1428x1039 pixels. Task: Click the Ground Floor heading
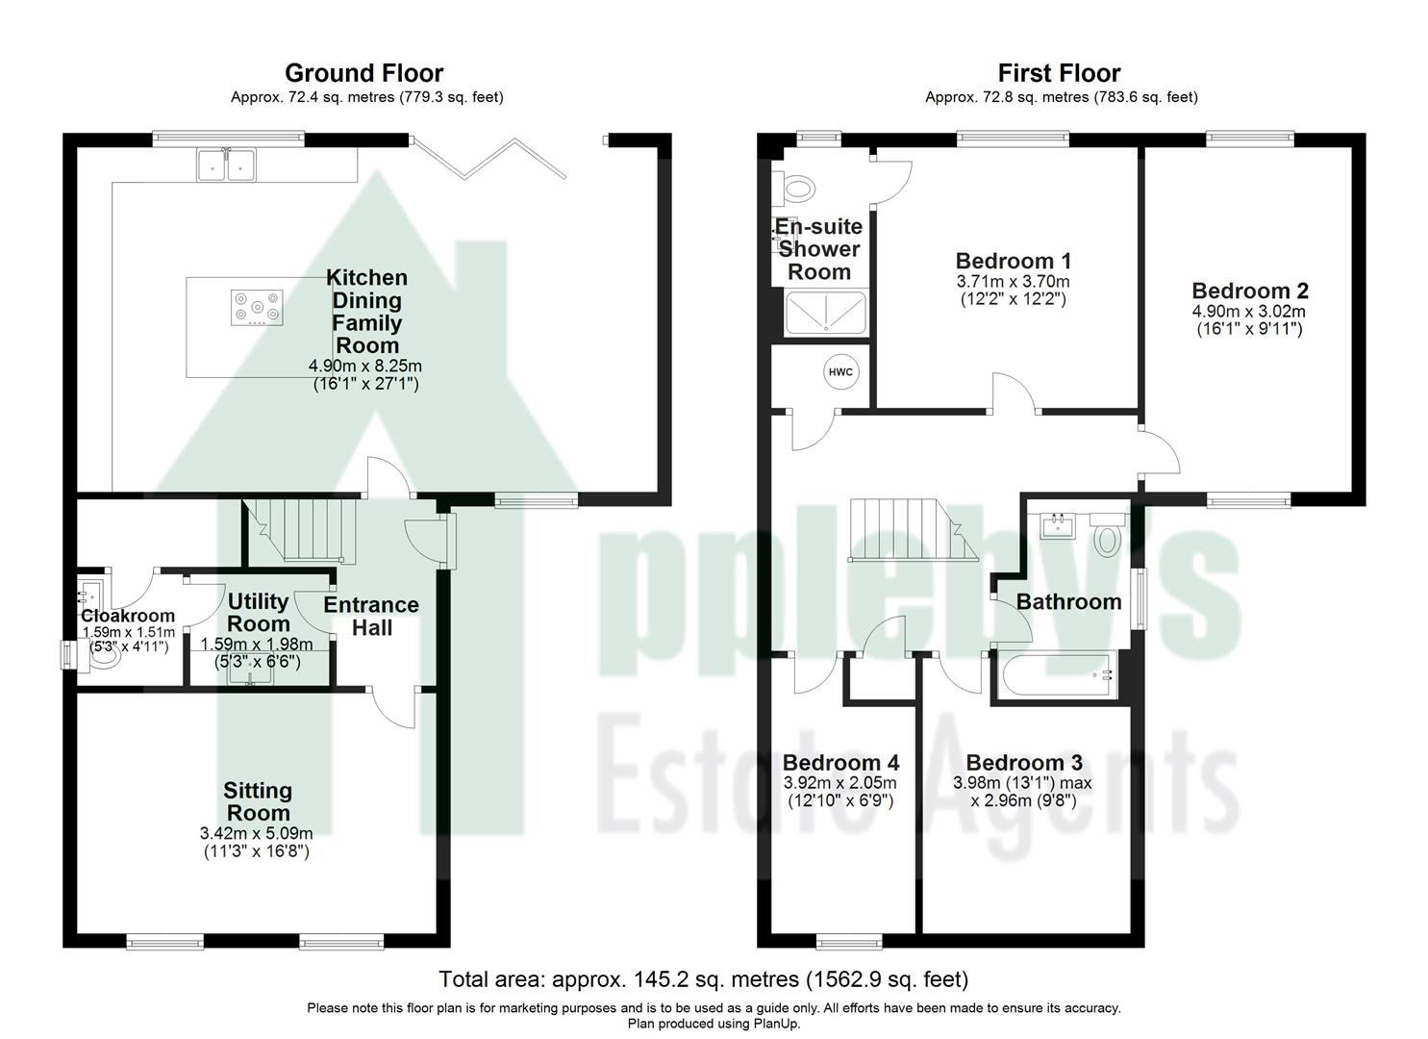click(363, 73)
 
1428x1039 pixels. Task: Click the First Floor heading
click(1059, 73)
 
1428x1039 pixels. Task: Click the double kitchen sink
click(227, 165)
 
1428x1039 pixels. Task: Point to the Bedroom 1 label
click(1013, 261)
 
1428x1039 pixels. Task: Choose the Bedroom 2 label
click(1249, 291)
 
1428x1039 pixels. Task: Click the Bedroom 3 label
click(1023, 763)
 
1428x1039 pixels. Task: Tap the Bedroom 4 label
click(840, 763)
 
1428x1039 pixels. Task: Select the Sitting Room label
click(257, 801)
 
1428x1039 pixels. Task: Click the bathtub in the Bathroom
click(1057, 676)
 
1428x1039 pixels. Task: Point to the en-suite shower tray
click(825, 314)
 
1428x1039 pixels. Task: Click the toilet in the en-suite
click(797, 186)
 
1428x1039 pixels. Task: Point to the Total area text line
click(703, 979)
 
